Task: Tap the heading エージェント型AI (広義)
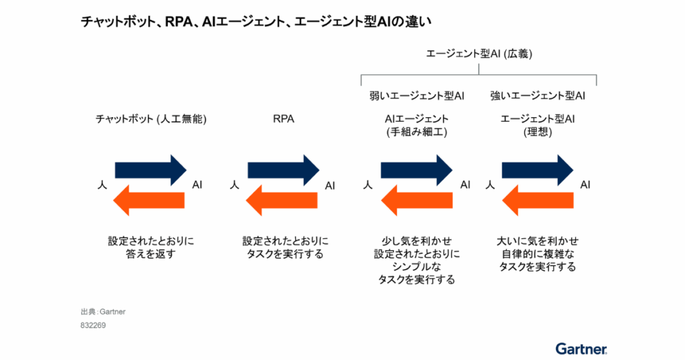click(x=479, y=54)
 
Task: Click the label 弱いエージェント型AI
click(x=417, y=96)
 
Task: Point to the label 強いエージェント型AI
click(x=538, y=96)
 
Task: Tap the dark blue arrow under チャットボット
click(x=151, y=170)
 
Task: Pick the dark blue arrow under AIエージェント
click(x=416, y=170)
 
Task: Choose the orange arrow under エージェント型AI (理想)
click(x=537, y=199)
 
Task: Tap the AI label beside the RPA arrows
click(x=330, y=185)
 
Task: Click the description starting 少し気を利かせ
click(x=416, y=260)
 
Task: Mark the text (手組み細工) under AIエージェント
click(x=417, y=132)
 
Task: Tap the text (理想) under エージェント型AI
click(x=538, y=132)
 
